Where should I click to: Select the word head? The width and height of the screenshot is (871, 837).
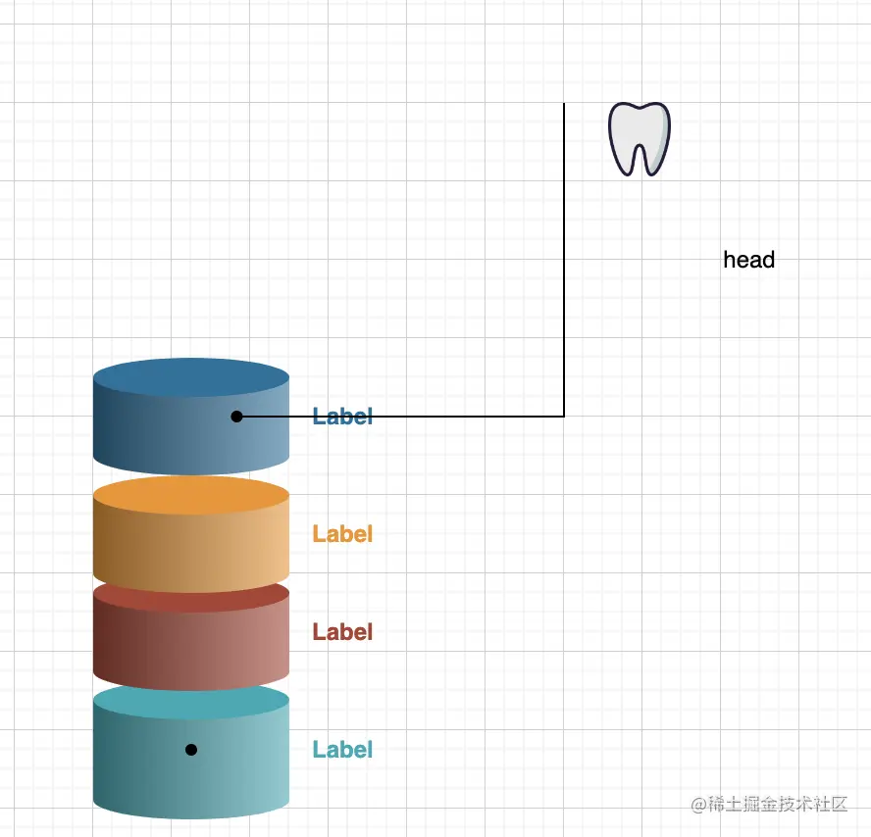[748, 260]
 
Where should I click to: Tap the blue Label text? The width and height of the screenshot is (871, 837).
[342, 417]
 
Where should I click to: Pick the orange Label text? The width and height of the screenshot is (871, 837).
[342, 534]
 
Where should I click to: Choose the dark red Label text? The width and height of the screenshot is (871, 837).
[342, 632]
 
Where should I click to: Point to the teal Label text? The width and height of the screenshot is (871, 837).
[342, 750]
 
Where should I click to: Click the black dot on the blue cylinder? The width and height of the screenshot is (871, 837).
[236, 417]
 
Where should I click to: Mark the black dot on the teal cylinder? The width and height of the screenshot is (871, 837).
[191, 750]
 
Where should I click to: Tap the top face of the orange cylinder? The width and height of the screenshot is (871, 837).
[191, 496]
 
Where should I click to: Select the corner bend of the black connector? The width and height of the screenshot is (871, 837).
[564, 417]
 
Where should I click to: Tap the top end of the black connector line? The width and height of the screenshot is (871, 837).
[564, 105]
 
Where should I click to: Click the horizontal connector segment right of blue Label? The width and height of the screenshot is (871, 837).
[471, 417]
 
